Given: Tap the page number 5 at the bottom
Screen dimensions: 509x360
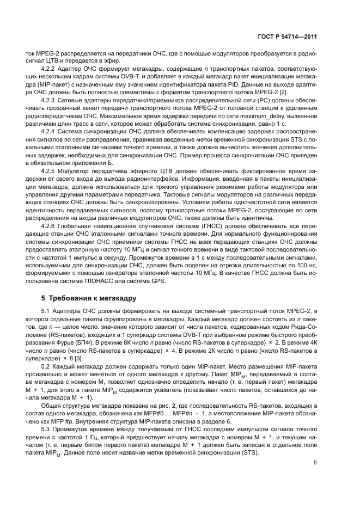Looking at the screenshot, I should click(x=315, y=463).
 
